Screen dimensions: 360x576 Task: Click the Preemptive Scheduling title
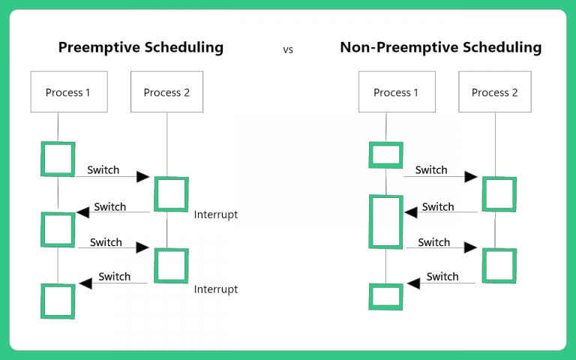coord(141,47)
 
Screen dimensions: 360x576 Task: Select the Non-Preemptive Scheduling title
coord(440,47)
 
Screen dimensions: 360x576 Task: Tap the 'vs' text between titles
coord(288,49)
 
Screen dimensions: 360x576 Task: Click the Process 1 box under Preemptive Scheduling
coord(67,92)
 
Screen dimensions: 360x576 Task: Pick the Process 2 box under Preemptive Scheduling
coord(166,92)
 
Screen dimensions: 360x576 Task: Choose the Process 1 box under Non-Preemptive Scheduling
coord(396,92)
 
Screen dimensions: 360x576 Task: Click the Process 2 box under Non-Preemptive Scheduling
coord(494,92)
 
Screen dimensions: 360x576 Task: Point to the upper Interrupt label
coord(216,214)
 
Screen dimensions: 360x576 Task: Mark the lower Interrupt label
coord(216,289)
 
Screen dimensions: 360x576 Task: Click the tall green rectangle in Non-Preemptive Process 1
coord(386,221)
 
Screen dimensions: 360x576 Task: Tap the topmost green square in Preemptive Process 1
coord(58,159)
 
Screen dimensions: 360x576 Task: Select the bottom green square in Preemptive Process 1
coord(58,301)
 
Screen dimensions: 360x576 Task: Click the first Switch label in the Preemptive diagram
coord(103,169)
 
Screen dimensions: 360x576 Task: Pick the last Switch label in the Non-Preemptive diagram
coord(442,277)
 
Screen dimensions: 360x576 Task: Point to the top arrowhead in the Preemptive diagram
coord(143,177)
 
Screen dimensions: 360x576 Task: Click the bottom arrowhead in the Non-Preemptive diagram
coord(413,283)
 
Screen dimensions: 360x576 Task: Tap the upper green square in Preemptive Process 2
coord(171,194)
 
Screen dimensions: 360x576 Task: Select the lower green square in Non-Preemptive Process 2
coord(499,265)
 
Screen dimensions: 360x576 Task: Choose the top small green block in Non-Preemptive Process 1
coord(386,155)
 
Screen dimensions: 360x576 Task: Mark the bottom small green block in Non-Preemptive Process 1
coord(386,296)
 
